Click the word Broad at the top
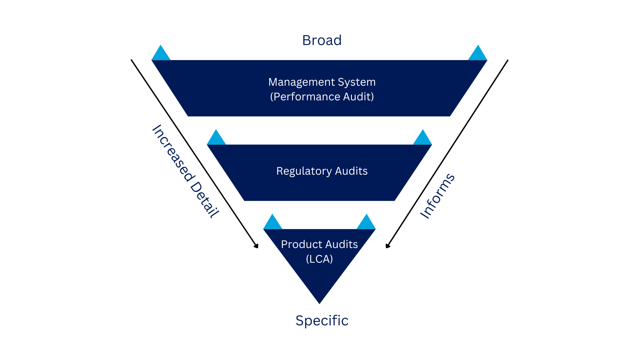(x=322, y=40)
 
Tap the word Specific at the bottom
(x=322, y=321)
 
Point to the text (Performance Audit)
(x=322, y=97)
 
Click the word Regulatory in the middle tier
(x=304, y=171)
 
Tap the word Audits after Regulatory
(x=351, y=171)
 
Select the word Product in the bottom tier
(x=301, y=244)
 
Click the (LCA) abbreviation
(x=319, y=259)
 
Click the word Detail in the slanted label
(x=204, y=199)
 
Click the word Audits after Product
(x=341, y=244)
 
